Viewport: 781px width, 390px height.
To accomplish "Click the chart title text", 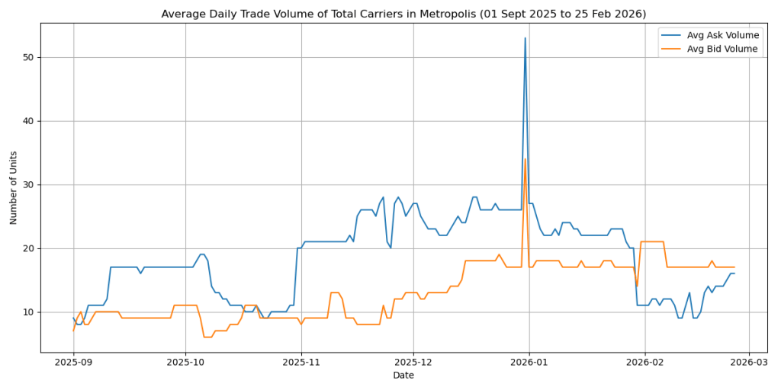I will click(403, 14).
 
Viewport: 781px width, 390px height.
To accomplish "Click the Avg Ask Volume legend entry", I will click(722, 35).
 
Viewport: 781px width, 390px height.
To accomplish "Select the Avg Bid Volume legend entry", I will click(722, 49).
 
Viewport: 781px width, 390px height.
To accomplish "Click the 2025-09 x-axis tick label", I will click(73, 363).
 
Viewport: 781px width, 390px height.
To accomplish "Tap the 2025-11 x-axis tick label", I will click(301, 363).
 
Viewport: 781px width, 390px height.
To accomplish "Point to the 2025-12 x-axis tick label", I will click(413, 363).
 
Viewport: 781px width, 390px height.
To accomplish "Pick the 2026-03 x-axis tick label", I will click(749, 363).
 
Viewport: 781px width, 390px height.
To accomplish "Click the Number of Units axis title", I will click(14, 188).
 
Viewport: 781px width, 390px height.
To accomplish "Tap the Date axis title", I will click(403, 376).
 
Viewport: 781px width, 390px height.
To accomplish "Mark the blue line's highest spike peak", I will click(525, 38).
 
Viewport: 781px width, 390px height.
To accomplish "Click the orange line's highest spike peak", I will click(525, 159).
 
